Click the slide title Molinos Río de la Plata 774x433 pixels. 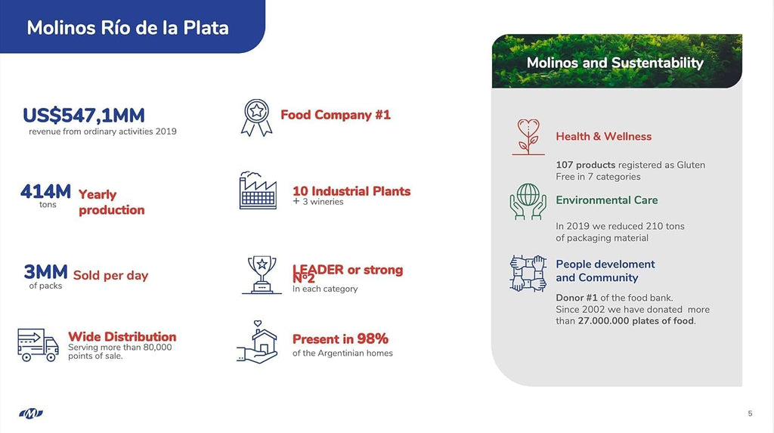click(x=128, y=28)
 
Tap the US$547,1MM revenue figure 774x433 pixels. click(x=84, y=116)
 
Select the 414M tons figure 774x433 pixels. click(x=45, y=192)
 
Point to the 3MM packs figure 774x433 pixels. click(x=45, y=272)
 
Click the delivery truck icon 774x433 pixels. click(x=38, y=345)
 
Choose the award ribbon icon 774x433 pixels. click(x=257, y=118)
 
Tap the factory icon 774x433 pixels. click(x=258, y=190)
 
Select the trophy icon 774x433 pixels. click(x=262, y=275)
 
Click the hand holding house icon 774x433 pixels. click(x=257, y=342)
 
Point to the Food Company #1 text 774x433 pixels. click(x=336, y=115)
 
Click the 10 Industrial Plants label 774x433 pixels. click(x=351, y=191)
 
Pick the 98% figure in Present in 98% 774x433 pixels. click(x=373, y=339)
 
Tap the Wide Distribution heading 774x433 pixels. click(x=122, y=337)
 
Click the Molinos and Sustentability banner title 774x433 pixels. click(x=615, y=63)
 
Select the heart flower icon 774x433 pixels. click(x=528, y=137)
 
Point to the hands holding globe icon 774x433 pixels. click(x=528, y=202)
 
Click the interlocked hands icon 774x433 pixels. click(x=528, y=273)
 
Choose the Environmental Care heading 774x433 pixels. click(x=607, y=200)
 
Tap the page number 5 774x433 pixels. click(x=751, y=413)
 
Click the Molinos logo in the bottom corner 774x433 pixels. click(x=30, y=413)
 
